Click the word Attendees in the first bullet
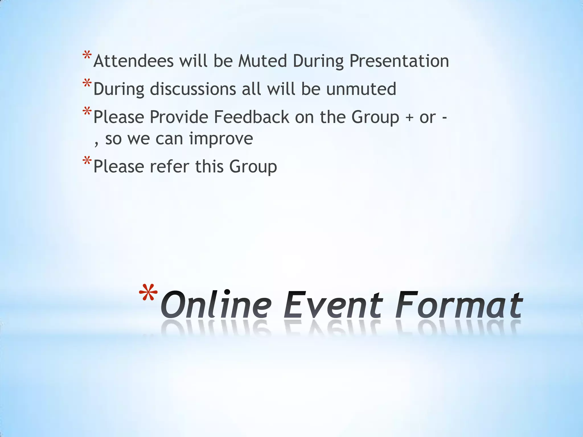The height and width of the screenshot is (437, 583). pos(133,61)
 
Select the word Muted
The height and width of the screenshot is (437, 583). pos(262,61)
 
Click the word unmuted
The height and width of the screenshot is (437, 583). pos(361,89)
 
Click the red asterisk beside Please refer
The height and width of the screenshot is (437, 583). pos(87,161)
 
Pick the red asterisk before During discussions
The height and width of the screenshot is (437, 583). pos(87,84)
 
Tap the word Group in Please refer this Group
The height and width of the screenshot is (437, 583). pos(253,167)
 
